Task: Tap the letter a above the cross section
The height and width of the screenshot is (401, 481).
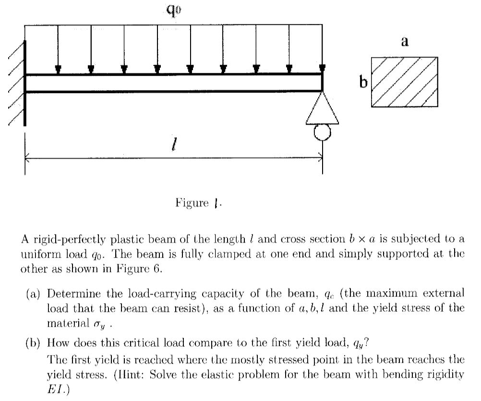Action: coord(404,42)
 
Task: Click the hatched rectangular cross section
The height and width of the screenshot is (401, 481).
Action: coord(404,82)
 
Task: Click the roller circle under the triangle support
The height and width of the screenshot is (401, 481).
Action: coord(322,132)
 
